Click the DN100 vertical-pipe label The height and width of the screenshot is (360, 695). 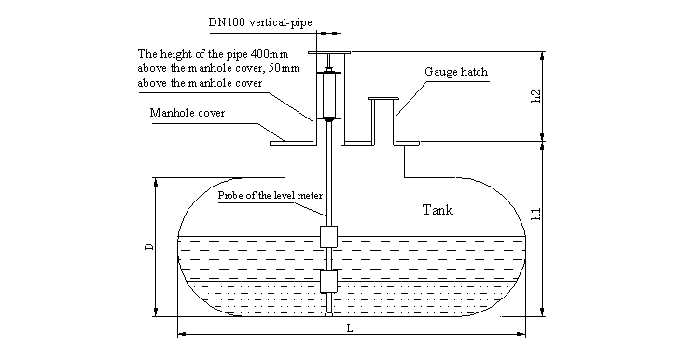[260, 22]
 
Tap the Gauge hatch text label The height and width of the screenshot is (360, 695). [456, 72]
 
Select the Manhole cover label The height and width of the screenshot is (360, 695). [188, 113]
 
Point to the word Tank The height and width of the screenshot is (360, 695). [438, 210]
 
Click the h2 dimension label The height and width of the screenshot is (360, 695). [535, 96]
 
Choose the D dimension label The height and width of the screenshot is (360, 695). [149, 247]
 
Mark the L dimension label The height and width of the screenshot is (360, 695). [350, 328]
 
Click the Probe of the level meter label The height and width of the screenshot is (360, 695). [270, 196]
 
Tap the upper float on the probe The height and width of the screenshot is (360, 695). [328, 237]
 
